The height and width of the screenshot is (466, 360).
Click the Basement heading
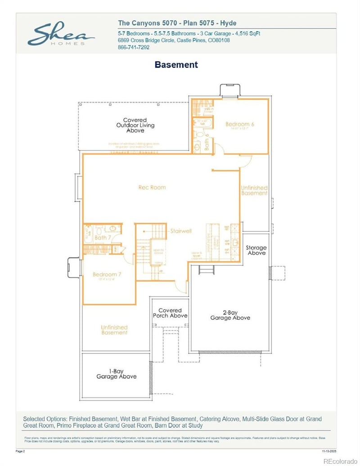pos(176,64)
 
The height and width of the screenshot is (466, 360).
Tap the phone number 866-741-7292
pos(134,47)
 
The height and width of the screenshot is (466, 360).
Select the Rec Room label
pos(152,187)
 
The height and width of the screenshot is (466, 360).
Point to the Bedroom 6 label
pos(240,124)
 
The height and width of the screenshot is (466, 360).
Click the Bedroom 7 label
pos(106,275)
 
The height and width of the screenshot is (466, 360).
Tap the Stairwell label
pos(181,231)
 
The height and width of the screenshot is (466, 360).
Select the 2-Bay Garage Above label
pos(230,315)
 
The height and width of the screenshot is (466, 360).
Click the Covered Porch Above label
pos(170,313)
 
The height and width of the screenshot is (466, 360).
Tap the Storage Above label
pos(256,250)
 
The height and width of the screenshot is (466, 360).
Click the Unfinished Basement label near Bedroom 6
pos(254,190)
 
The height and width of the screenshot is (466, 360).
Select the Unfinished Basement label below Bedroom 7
pos(114,330)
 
